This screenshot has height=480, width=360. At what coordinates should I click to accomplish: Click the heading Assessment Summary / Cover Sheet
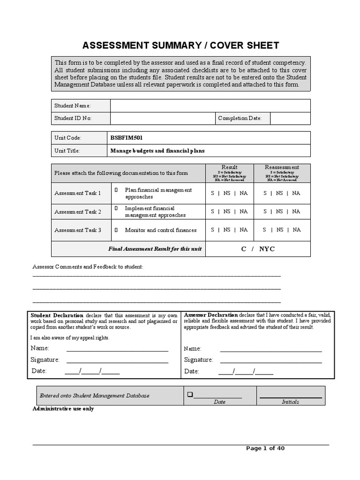pos(180,45)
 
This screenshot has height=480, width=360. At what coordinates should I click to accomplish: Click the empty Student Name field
pos(210,105)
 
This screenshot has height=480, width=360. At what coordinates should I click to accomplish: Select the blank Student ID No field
pos(162,118)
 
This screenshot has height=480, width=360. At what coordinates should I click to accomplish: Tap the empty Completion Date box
pos(290,118)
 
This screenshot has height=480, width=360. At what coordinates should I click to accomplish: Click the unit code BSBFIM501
pos(127,138)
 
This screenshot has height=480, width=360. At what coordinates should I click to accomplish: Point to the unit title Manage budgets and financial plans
pos(157,151)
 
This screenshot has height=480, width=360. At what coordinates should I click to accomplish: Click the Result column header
pos(229,167)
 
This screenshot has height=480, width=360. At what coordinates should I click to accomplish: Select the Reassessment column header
pos(282,167)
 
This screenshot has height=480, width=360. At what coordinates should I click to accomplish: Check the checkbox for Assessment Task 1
pos(116,190)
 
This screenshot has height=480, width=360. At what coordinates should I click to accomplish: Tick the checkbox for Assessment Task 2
pos(116,208)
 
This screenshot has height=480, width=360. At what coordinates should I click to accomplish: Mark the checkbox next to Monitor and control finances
pos(116,230)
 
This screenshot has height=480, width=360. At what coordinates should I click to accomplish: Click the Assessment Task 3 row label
pos(78,230)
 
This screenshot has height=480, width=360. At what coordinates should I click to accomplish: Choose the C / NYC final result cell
pos(257,249)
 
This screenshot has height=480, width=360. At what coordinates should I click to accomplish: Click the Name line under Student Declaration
pos(117,349)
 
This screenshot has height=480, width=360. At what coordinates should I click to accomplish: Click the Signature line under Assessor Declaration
pos(270,360)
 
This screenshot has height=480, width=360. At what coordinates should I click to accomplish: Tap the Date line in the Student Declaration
pos(92,372)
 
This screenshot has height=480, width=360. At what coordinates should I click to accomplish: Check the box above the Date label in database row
pos(190,395)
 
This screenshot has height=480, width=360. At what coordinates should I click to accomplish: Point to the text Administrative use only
pos(63,409)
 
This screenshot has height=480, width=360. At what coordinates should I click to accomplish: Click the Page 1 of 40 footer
pos(265,448)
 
